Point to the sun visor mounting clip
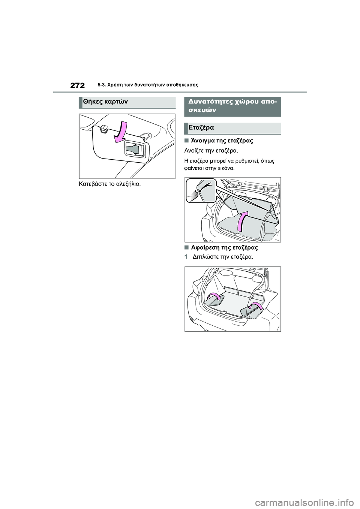[x=104, y=129]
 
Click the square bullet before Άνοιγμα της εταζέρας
[x=186, y=141]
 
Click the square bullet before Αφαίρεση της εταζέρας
[x=186, y=247]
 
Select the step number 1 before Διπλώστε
[x=186, y=257]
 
